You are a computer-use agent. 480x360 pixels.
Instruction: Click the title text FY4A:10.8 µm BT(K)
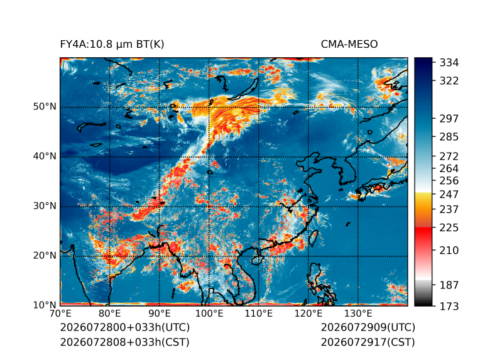112,45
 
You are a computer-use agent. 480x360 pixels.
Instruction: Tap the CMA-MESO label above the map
349,45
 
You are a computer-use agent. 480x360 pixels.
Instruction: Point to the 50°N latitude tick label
45,107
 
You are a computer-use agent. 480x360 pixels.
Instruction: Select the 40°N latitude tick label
45,156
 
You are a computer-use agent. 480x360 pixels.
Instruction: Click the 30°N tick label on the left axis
45,206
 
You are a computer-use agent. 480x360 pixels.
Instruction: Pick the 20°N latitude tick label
45,256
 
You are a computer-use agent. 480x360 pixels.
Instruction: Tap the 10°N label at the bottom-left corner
45,305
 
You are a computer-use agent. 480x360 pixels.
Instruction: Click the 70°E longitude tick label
60,314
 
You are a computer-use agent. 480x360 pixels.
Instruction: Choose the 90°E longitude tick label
159,314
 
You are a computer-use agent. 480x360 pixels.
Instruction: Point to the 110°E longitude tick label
259,314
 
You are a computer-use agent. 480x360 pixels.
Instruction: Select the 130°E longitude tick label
358,314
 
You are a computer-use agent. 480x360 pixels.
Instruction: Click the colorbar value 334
449,63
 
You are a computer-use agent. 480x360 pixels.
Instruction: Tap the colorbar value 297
449,119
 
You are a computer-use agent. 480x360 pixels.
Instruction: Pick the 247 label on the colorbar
449,194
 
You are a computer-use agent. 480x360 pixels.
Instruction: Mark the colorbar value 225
449,228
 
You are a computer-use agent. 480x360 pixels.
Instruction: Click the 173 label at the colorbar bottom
449,306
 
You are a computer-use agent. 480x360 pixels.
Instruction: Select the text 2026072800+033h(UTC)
125,327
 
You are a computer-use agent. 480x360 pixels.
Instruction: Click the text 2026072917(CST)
368,342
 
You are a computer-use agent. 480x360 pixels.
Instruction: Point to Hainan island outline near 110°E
256,261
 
